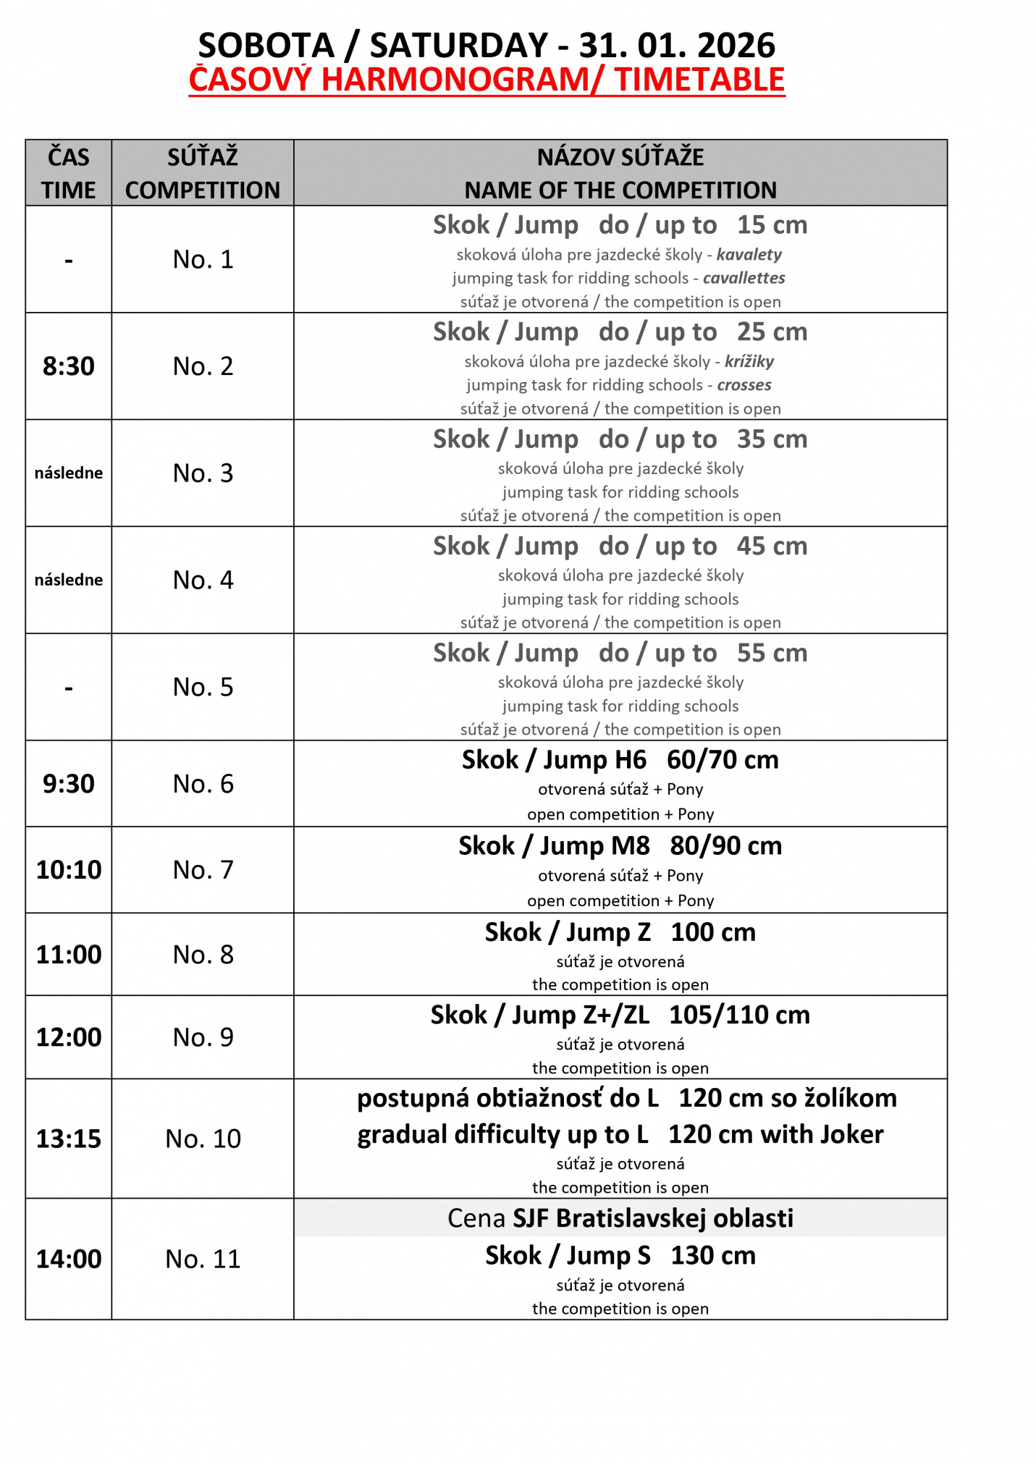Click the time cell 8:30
(69, 366)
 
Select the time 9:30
(69, 784)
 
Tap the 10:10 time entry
(69, 869)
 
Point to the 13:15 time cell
(69, 1139)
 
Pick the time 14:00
(69, 1259)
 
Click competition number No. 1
(203, 259)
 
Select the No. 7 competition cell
(203, 869)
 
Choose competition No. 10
(203, 1139)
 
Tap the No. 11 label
(203, 1259)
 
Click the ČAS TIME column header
(69, 173)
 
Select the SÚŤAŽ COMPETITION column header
(203, 173)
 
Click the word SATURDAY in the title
(459, 46)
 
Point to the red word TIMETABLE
(699, 80)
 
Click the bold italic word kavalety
(749, 255)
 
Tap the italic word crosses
(744, 385)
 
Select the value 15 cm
(772, 225)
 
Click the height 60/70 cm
(723, 760)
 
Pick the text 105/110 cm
(739, 1015)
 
